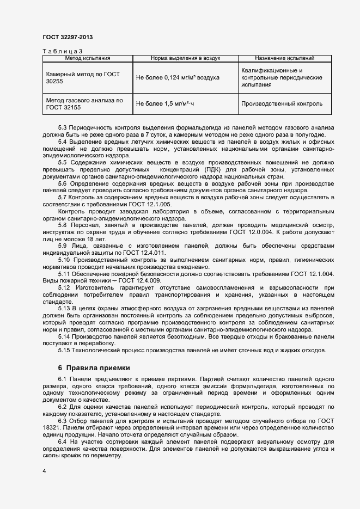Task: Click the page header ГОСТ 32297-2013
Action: [x=68, y=37]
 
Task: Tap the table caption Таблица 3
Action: [x=63, y=51]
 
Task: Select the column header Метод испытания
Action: [x=88, y=58]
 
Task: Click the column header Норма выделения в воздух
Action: [x=185, y=58]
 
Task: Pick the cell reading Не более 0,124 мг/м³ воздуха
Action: [x=178, y=78]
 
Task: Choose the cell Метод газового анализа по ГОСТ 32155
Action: [x=84, y=104]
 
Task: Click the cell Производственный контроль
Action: [x=282, y=103]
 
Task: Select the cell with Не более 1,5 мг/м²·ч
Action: [x=165, y=103]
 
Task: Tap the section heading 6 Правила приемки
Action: [x=94, y=367]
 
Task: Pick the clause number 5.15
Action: [x=64, y=350]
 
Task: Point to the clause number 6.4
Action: [x=62, y=442]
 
